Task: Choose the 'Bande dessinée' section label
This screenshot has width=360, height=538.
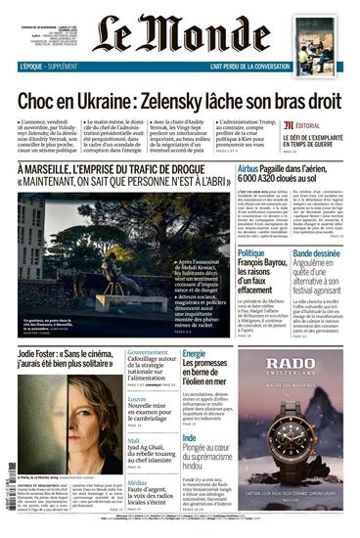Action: [x=315, y=253]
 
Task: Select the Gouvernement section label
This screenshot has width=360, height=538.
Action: [x=149, y=352]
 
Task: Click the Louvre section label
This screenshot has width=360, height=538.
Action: [x=138, y=400]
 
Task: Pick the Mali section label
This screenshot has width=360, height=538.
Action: [x=134, y=441]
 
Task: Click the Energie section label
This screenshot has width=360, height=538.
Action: [x=194, y=353]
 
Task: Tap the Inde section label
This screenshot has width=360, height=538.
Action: [x=190, y=438]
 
